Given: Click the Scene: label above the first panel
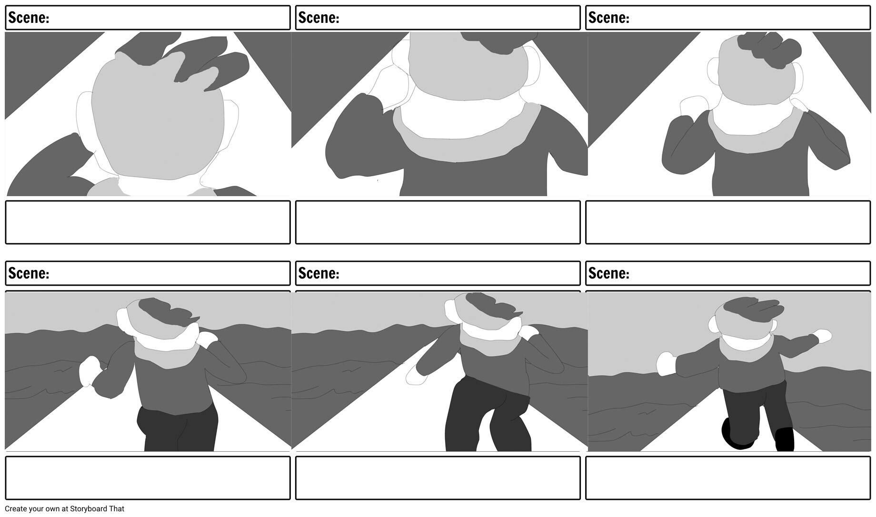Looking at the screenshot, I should [x=29, y=18].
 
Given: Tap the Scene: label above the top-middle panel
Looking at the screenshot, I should [x=319, y=18].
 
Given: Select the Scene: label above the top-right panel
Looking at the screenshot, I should [x=608, y=18].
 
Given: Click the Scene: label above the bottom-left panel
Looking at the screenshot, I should [x=29, y=273].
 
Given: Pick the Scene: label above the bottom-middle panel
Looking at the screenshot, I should [x=319, y=273].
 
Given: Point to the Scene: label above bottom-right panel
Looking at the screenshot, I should [x=608, y=273].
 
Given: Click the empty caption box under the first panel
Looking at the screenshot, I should [x=148, y=222].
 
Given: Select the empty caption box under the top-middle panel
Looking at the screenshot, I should [x=438, y=222].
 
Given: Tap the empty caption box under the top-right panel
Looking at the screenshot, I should [x=727, y=222].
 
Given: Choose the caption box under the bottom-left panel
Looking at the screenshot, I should [x=148, y=478].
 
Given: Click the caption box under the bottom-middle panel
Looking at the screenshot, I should [x=438, y=478].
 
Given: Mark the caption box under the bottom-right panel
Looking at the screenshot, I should [x=727, y=478].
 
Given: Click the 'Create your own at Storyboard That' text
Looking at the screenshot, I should [x=64, y=509].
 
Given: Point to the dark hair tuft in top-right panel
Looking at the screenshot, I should [x=768, y=49].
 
